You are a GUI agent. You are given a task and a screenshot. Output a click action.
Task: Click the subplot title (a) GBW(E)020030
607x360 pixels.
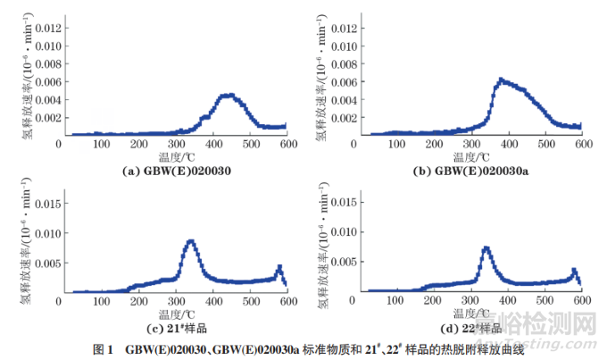pos(177,168)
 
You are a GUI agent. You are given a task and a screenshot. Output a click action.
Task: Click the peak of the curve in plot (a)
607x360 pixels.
pos(228,95)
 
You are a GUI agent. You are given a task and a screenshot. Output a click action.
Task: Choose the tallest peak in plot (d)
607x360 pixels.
pos(486,247)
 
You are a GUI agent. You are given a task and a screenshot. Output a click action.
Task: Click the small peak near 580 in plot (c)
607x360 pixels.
pos(279,267)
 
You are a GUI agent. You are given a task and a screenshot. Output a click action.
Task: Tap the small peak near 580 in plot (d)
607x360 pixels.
pos(574,271)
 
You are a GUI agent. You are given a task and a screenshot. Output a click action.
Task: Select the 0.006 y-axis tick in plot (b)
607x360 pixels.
pos(342,81)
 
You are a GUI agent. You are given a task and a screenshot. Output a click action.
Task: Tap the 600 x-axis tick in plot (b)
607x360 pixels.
pos(582,143)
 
